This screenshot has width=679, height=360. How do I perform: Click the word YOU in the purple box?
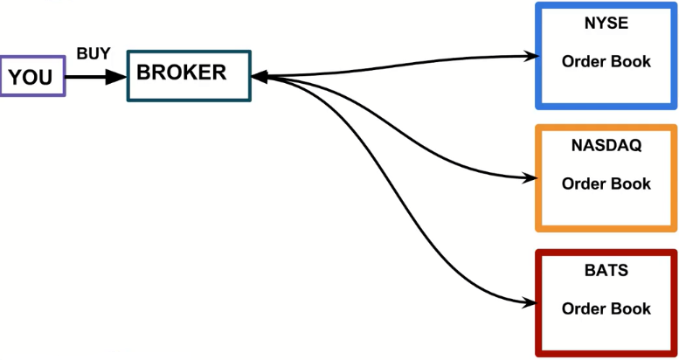pos(31,78)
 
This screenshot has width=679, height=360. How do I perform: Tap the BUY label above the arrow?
pos(94,53)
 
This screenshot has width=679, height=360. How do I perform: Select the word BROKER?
pos(181,73)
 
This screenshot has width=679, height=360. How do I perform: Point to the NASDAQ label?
pos(606,146)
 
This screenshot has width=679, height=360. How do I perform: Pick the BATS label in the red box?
pos(606,270)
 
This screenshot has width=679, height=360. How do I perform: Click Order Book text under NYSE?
pos(606,61)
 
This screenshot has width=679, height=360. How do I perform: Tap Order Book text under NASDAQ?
pos(606,183)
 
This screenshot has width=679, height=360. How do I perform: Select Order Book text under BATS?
pos(606,308)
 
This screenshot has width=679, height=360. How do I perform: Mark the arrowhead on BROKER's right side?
pos(260,77)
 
